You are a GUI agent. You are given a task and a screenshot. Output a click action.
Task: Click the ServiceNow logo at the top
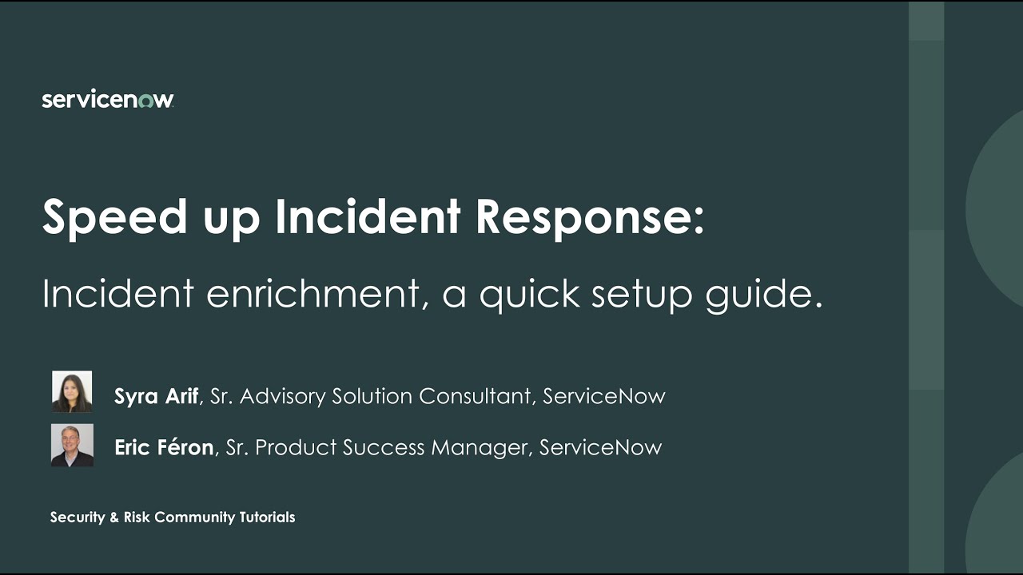108,100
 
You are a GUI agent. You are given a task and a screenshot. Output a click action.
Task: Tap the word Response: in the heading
590,217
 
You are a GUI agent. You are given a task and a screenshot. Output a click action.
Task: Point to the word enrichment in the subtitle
312,294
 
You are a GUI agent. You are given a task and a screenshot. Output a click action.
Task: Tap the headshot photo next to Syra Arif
72,391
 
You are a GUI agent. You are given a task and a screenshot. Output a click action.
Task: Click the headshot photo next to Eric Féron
72,445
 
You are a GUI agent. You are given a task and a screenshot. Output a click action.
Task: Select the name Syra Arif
156,396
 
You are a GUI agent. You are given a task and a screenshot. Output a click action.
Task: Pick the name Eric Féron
164,447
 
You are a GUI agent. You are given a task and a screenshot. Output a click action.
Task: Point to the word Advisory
282,396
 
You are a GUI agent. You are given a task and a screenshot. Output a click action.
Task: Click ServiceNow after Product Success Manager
601,447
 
